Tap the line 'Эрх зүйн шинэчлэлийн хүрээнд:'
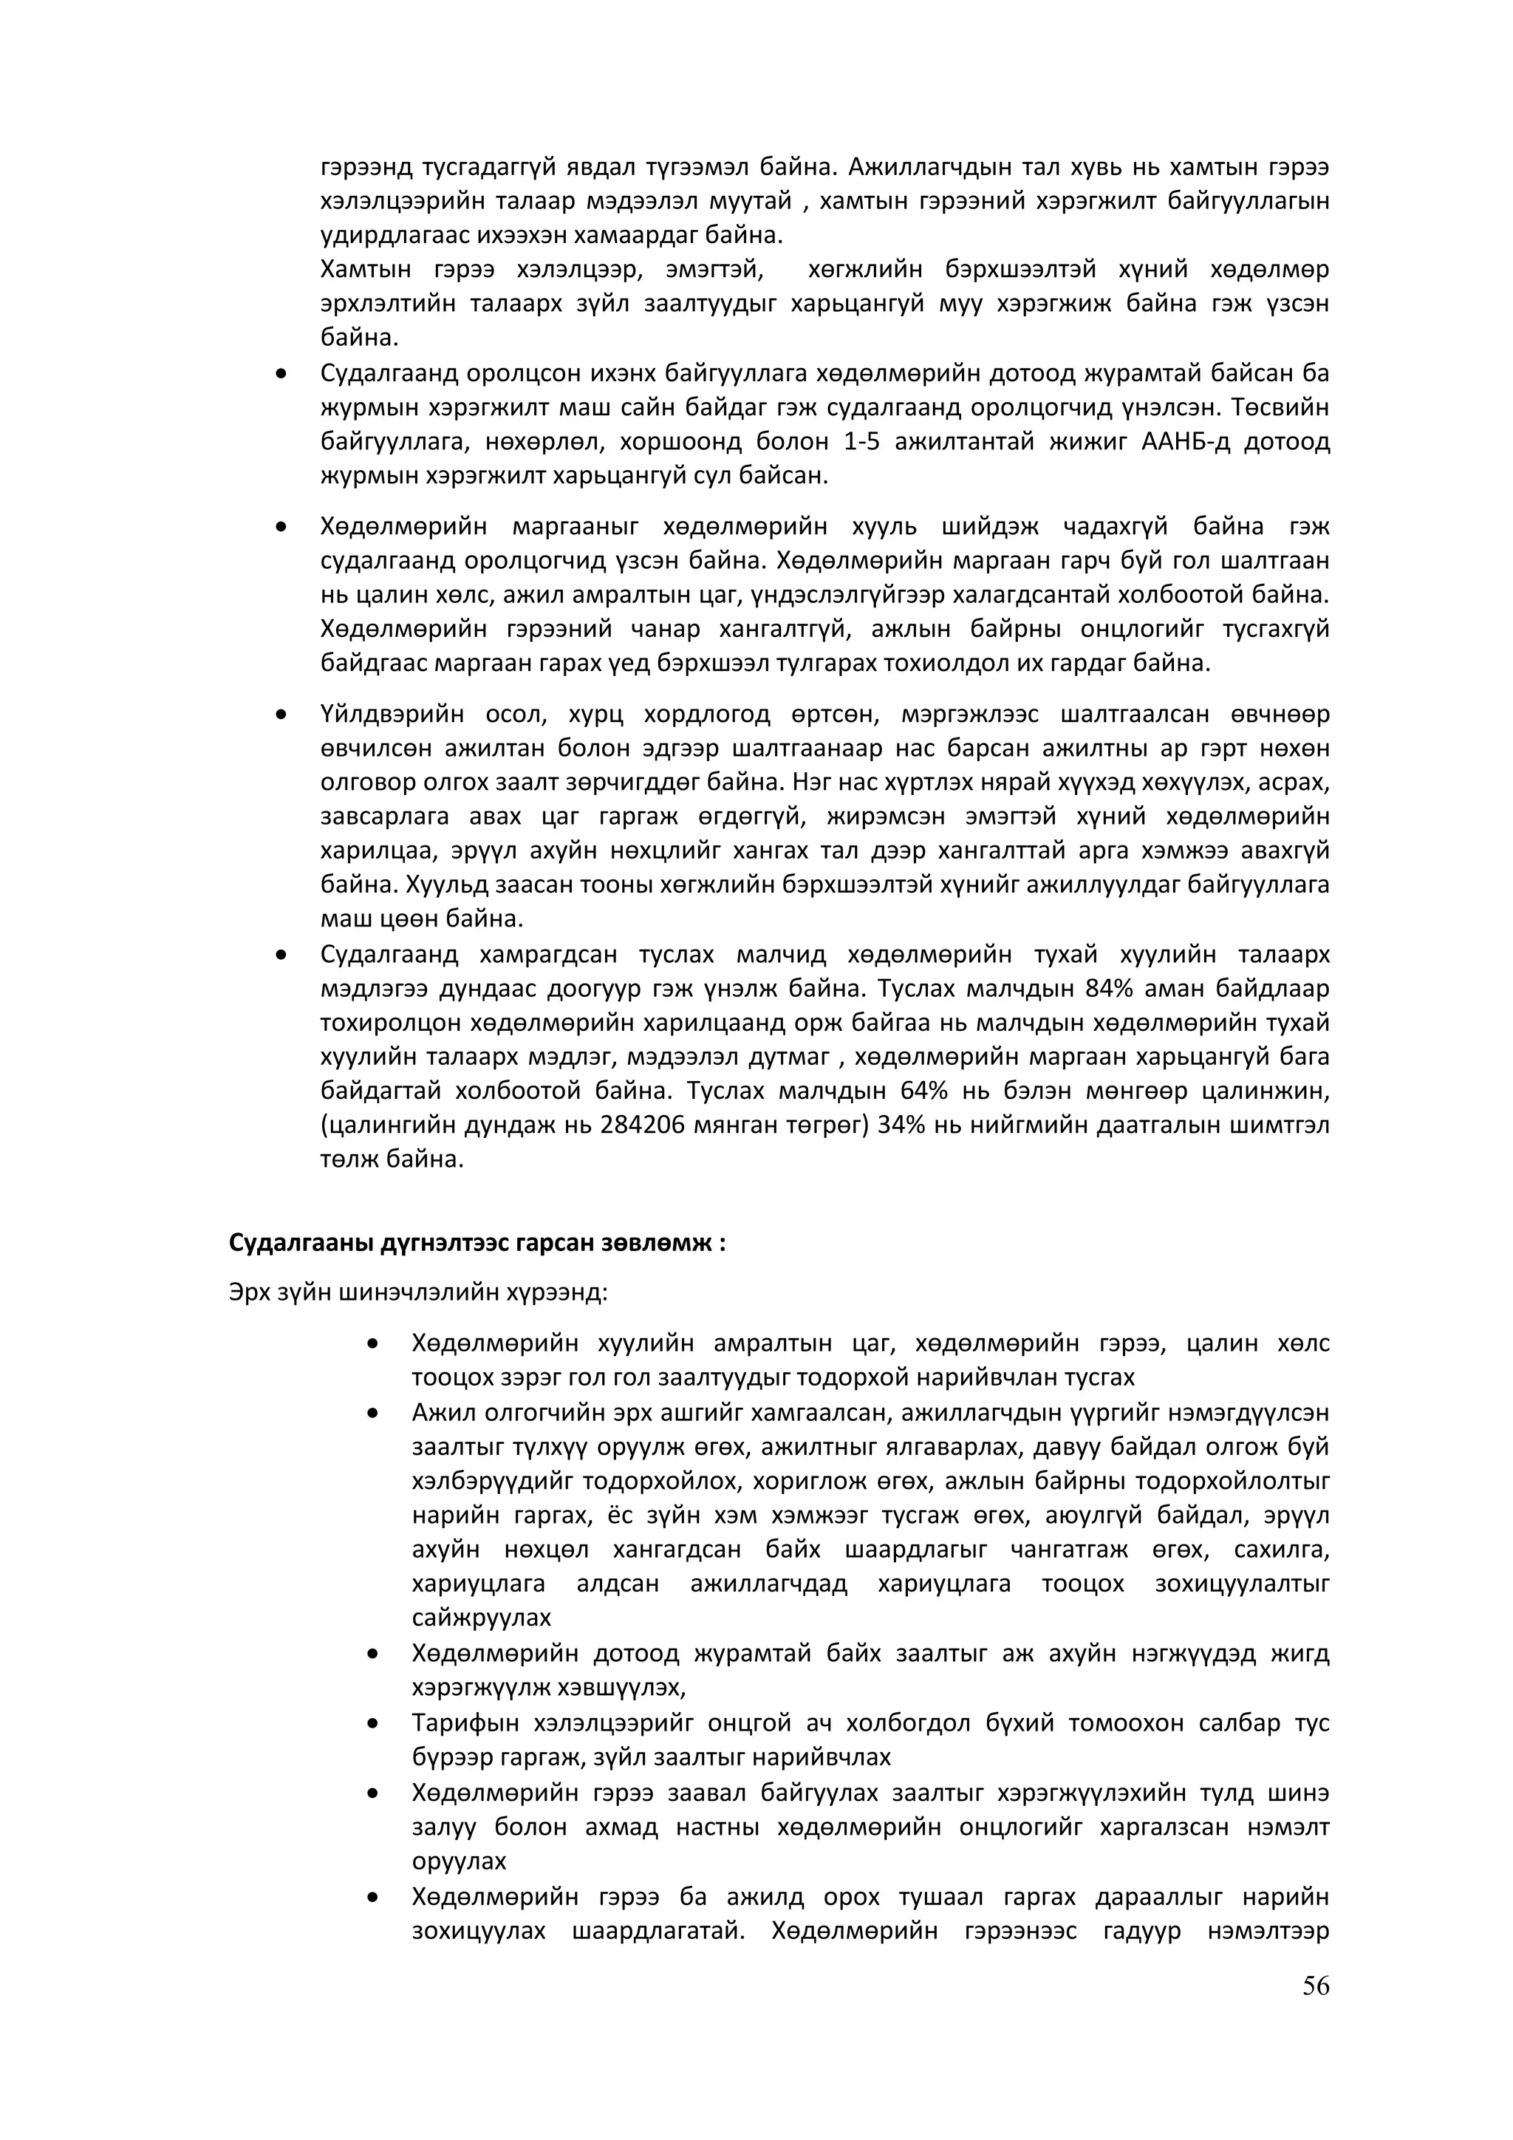418,1292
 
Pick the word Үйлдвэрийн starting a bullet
392,715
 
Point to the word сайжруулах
482,1618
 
